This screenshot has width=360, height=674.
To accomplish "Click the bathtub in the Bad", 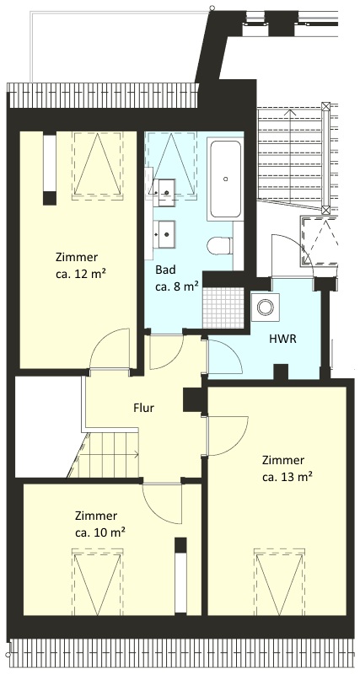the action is [x=225, y=179].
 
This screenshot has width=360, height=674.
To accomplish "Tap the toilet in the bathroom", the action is [x=221, y=247].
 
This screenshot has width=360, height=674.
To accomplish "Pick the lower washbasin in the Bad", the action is [x=164, y=234].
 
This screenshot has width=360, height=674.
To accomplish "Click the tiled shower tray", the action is [x=223, y=307].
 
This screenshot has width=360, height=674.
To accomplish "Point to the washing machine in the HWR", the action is [x=265, y=307].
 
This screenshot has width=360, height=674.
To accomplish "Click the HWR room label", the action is [x=282, y=339].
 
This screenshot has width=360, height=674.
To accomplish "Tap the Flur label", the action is [x=143, y=408].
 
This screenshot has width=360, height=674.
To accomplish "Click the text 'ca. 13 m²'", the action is [x=287, y=477].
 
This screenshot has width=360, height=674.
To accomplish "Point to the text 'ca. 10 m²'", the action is [x=100, y=532].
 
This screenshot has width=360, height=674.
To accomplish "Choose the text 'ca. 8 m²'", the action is [x=177, y=286].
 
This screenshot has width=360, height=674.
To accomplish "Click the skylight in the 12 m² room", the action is [x=98, y=164].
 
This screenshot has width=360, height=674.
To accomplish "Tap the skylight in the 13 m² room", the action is [x=280, y=581].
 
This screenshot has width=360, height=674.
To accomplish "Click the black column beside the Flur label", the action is [x=192, y=399].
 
